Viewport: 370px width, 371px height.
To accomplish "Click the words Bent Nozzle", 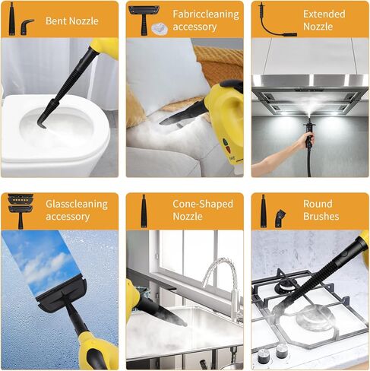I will coord(72,21).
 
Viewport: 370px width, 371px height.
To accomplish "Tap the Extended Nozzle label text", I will coord(324,21).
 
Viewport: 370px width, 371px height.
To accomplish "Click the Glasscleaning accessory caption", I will coord(77,211).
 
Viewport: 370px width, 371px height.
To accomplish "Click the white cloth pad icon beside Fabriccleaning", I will coord(159,28).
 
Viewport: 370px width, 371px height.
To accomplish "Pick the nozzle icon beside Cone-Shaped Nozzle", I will coord(143,211).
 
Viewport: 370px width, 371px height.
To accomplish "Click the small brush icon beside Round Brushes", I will coord(280,217).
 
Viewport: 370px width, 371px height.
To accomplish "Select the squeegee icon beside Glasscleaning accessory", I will coord(17,211).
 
